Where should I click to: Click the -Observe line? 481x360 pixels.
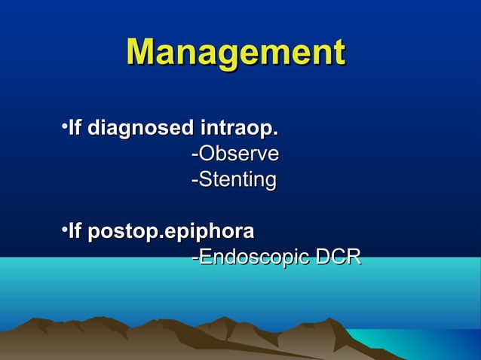(234, 154)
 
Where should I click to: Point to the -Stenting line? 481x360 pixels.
(233, 180)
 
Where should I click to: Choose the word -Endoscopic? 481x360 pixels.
(250, 258)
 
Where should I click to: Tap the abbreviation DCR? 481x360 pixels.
(338, 258)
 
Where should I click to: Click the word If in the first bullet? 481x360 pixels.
(74, 129)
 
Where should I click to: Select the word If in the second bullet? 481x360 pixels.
(74, 231)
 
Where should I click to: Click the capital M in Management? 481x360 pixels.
(143, 53)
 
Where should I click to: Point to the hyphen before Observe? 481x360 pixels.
(195, 156)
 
